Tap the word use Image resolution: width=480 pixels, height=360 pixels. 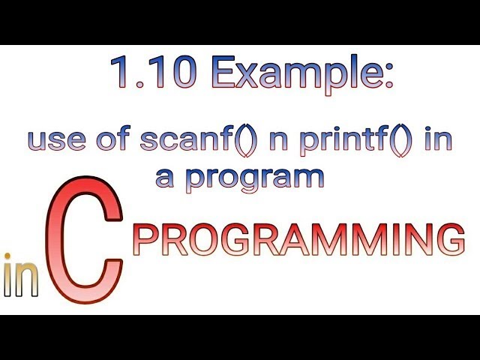pyautogui.click(x=55, y=142)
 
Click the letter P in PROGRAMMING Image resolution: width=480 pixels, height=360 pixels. pyautogui.click(x=145, y=241)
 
